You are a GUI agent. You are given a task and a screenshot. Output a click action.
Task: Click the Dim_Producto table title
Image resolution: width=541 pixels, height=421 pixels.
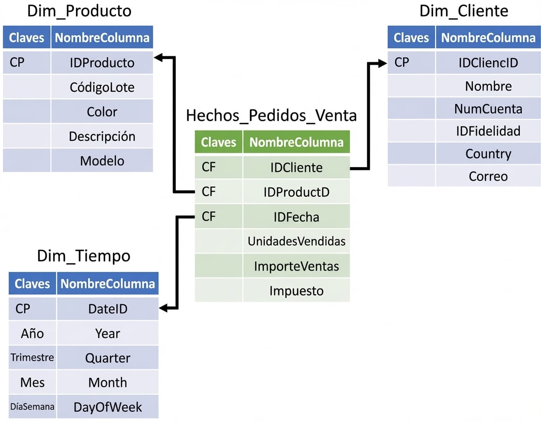[79, 12]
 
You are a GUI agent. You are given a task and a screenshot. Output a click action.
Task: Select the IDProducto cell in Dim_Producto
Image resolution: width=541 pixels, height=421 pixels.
[102, 63]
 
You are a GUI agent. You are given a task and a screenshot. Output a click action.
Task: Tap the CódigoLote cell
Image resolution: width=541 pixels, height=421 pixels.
[102, 87]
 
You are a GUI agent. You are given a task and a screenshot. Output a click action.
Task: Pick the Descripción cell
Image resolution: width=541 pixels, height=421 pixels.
[102, 136]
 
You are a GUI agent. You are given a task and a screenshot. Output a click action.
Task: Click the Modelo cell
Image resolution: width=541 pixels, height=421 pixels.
[102, 161]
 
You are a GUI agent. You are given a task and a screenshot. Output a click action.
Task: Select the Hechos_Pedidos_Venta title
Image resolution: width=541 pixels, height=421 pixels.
[271, 115]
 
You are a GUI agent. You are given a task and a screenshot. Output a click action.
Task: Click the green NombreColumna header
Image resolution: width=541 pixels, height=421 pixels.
[296, 142]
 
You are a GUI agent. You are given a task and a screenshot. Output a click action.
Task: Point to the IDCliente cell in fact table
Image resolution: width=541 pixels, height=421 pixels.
[296, 168]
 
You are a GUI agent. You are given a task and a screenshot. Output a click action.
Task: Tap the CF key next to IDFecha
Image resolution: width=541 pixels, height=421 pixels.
[209, 217]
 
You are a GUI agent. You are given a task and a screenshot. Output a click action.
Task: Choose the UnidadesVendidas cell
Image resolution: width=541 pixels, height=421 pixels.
[296, 241]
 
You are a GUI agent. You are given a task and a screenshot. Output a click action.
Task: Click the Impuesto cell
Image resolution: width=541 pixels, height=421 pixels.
[296, 291]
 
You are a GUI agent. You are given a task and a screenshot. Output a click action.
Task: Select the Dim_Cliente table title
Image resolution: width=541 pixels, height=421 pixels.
[464, 12]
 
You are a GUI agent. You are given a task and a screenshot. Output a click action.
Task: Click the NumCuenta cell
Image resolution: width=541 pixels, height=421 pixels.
[488, 109]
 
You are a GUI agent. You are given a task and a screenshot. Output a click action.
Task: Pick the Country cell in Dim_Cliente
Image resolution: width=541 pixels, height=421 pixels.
[488, 154]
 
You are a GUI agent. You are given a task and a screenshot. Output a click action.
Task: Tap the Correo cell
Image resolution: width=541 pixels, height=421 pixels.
[488, 176]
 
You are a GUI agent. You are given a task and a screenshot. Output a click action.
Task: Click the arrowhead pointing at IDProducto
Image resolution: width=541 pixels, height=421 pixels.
[158, 58]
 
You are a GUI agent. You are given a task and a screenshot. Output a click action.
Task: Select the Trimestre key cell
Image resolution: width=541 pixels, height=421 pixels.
[32, 358]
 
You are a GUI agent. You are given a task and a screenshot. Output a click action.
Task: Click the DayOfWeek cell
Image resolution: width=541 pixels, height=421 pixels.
[107, 407]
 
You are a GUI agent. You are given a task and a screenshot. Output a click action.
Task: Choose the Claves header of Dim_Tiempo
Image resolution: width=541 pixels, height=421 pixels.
[32, 283]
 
